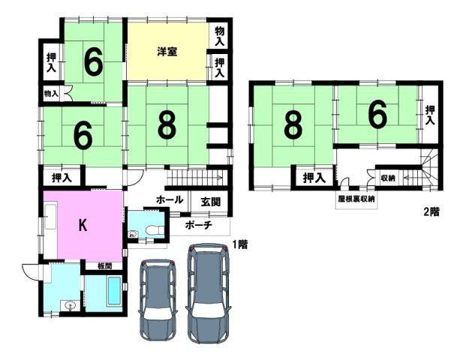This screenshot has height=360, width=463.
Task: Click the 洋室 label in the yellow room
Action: pyautogui.click(x=167, y=52)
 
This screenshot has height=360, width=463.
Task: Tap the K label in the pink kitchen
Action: pyautogui.click(x=83, y=226)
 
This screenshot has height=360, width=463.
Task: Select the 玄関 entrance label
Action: pyautogui.click(x=210, y=202)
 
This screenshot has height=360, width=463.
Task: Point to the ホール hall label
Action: pyautogui.click(x=170, y=199)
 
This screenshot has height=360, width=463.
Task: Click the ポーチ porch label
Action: pyautogui.click(x=198, y=226)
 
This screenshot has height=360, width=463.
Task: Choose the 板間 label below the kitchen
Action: pyautogui.click(x=104, y=265)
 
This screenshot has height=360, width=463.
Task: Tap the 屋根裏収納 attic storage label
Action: pyautogui.click(x=356, y=199)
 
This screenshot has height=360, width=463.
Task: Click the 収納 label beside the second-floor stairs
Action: pyautogui.click(x=388, y=178)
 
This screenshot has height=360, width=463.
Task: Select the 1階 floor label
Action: pyautogui.click(x=239, y=244)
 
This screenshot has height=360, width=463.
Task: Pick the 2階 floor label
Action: pyautogui.click(x=431, y=211)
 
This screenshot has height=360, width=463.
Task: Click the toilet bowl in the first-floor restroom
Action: pyautogui.click(x=155, y=230)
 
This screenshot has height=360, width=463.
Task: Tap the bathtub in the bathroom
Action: pyautogui.click(x=114, y=291)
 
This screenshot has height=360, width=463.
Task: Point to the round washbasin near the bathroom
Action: pyautogui.click(x=71, y=304)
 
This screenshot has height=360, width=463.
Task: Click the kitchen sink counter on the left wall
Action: pyautogui.click(x=50, y=217)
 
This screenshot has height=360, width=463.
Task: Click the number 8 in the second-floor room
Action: pyautogui.click(x=293, y=125)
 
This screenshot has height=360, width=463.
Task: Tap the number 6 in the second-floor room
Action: pyautogui.click(x=377, y=115)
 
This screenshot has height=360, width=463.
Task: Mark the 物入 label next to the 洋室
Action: pyautogui.click(x=219, y=36)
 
